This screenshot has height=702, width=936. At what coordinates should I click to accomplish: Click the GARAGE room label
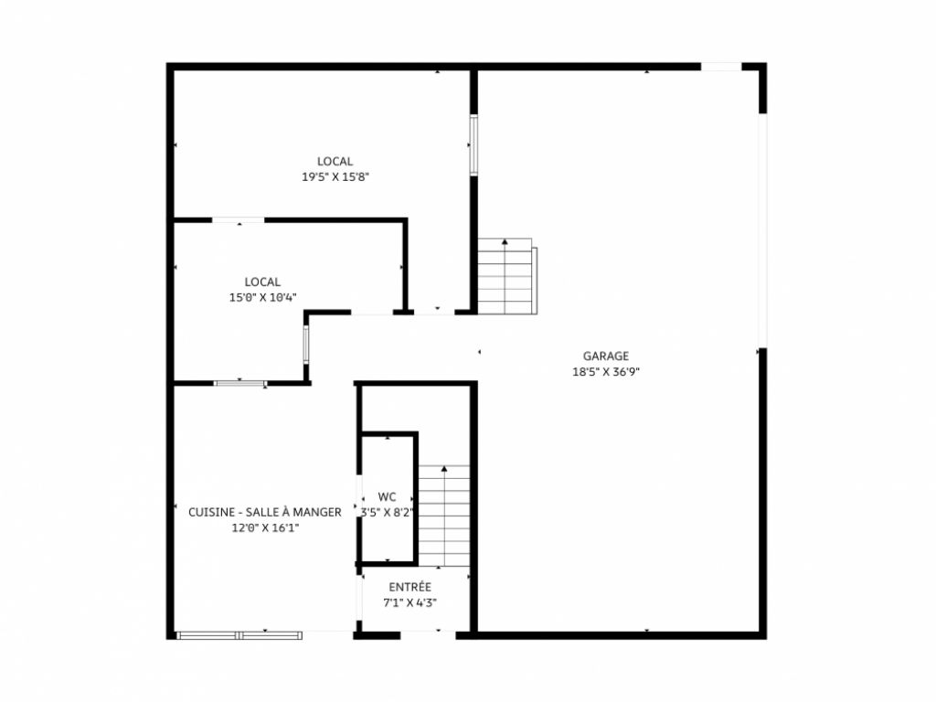tap(606, 356)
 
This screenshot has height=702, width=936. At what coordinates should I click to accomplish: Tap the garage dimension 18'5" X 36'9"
tap(606, 372)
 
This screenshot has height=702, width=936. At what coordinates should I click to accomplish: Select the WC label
tap(387, 497)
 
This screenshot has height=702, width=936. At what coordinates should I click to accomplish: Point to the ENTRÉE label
tap(409, 587)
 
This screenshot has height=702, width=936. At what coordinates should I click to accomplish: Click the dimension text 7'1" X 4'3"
tap(409, 602)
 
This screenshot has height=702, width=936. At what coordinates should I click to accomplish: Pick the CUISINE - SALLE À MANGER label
tap(265, 512)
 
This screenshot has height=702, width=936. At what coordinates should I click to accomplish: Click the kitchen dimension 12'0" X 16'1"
tap(265, 527)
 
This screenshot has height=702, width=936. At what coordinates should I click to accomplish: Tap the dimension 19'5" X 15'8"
tap(335, 177)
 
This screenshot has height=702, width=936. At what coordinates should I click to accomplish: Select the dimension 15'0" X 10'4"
tap(262, 297)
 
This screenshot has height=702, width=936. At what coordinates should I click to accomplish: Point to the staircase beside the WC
tap(444, 516)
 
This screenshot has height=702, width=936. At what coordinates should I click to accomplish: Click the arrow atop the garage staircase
tap(505, 241)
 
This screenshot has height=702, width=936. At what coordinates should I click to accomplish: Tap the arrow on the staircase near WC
tap(444, 469)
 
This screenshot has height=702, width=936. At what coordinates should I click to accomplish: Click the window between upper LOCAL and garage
tap(473, 144)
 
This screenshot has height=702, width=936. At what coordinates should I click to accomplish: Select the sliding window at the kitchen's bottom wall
tap(239, 634)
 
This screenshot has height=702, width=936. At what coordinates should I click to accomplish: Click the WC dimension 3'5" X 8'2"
tap(387, 513)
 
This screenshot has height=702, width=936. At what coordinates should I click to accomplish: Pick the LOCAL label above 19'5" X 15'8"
tap(335, 162)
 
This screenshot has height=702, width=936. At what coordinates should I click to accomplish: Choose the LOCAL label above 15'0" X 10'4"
tap(262, 282)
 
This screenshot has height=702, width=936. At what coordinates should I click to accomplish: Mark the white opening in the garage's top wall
tap(721, 66)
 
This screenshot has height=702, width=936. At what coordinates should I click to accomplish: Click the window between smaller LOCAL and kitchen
tap(240, 382)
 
